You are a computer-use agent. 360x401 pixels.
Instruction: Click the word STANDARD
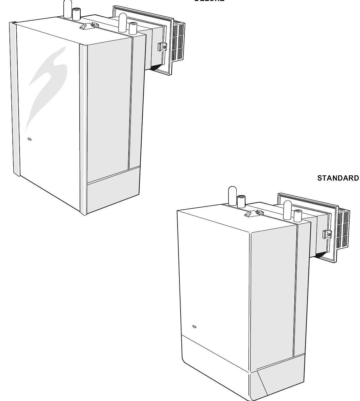coord(338,178)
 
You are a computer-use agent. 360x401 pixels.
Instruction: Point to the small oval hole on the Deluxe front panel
coord(30,139)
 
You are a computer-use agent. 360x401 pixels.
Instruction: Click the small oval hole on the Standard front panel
coord(195,327)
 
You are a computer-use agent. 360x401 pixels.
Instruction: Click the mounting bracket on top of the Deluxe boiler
coord(87,26)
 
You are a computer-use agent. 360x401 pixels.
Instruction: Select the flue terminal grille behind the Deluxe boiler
coord(178,41)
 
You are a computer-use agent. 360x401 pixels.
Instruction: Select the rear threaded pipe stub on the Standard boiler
coord(298,216)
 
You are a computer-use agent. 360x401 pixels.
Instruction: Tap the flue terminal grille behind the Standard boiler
coord(342,229)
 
